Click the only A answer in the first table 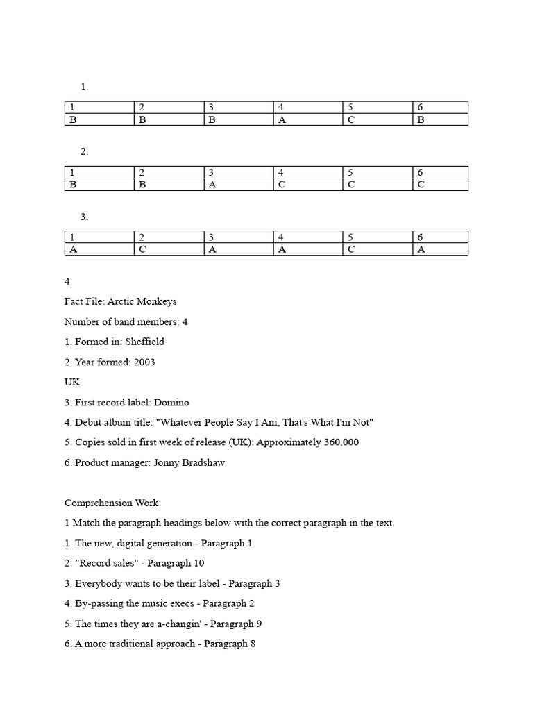coord(282,119)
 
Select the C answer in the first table coord(351,119)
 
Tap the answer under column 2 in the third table coord(142,250)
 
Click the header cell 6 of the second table coord(420,172)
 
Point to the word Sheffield coord(144,342)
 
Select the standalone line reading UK coord(72,382)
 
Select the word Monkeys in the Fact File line coord(157,301)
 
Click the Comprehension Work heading coord(112,503)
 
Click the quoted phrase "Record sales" coord(103,563)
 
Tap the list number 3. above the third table coord(84,217)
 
